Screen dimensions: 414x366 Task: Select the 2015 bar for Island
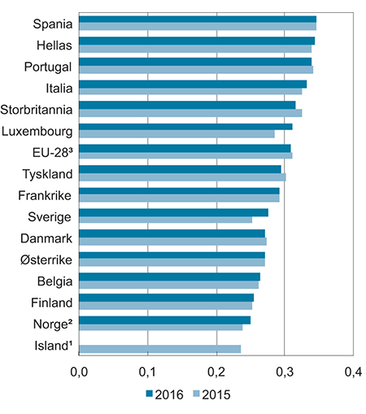click(160, 349)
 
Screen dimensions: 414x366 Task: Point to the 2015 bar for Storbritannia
click(190, 112)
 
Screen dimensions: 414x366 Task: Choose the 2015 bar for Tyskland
click(182, 176)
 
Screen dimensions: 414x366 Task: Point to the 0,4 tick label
click(352, 373)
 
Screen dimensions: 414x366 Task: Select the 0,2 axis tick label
click(216, 373)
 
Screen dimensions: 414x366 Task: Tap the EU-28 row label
click(50, 151)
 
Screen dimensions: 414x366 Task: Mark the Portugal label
click(49, 66)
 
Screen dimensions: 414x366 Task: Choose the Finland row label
click(50, 302)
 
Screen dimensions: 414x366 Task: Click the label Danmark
click(47, 238)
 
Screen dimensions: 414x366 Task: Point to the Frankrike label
click(46, 194)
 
